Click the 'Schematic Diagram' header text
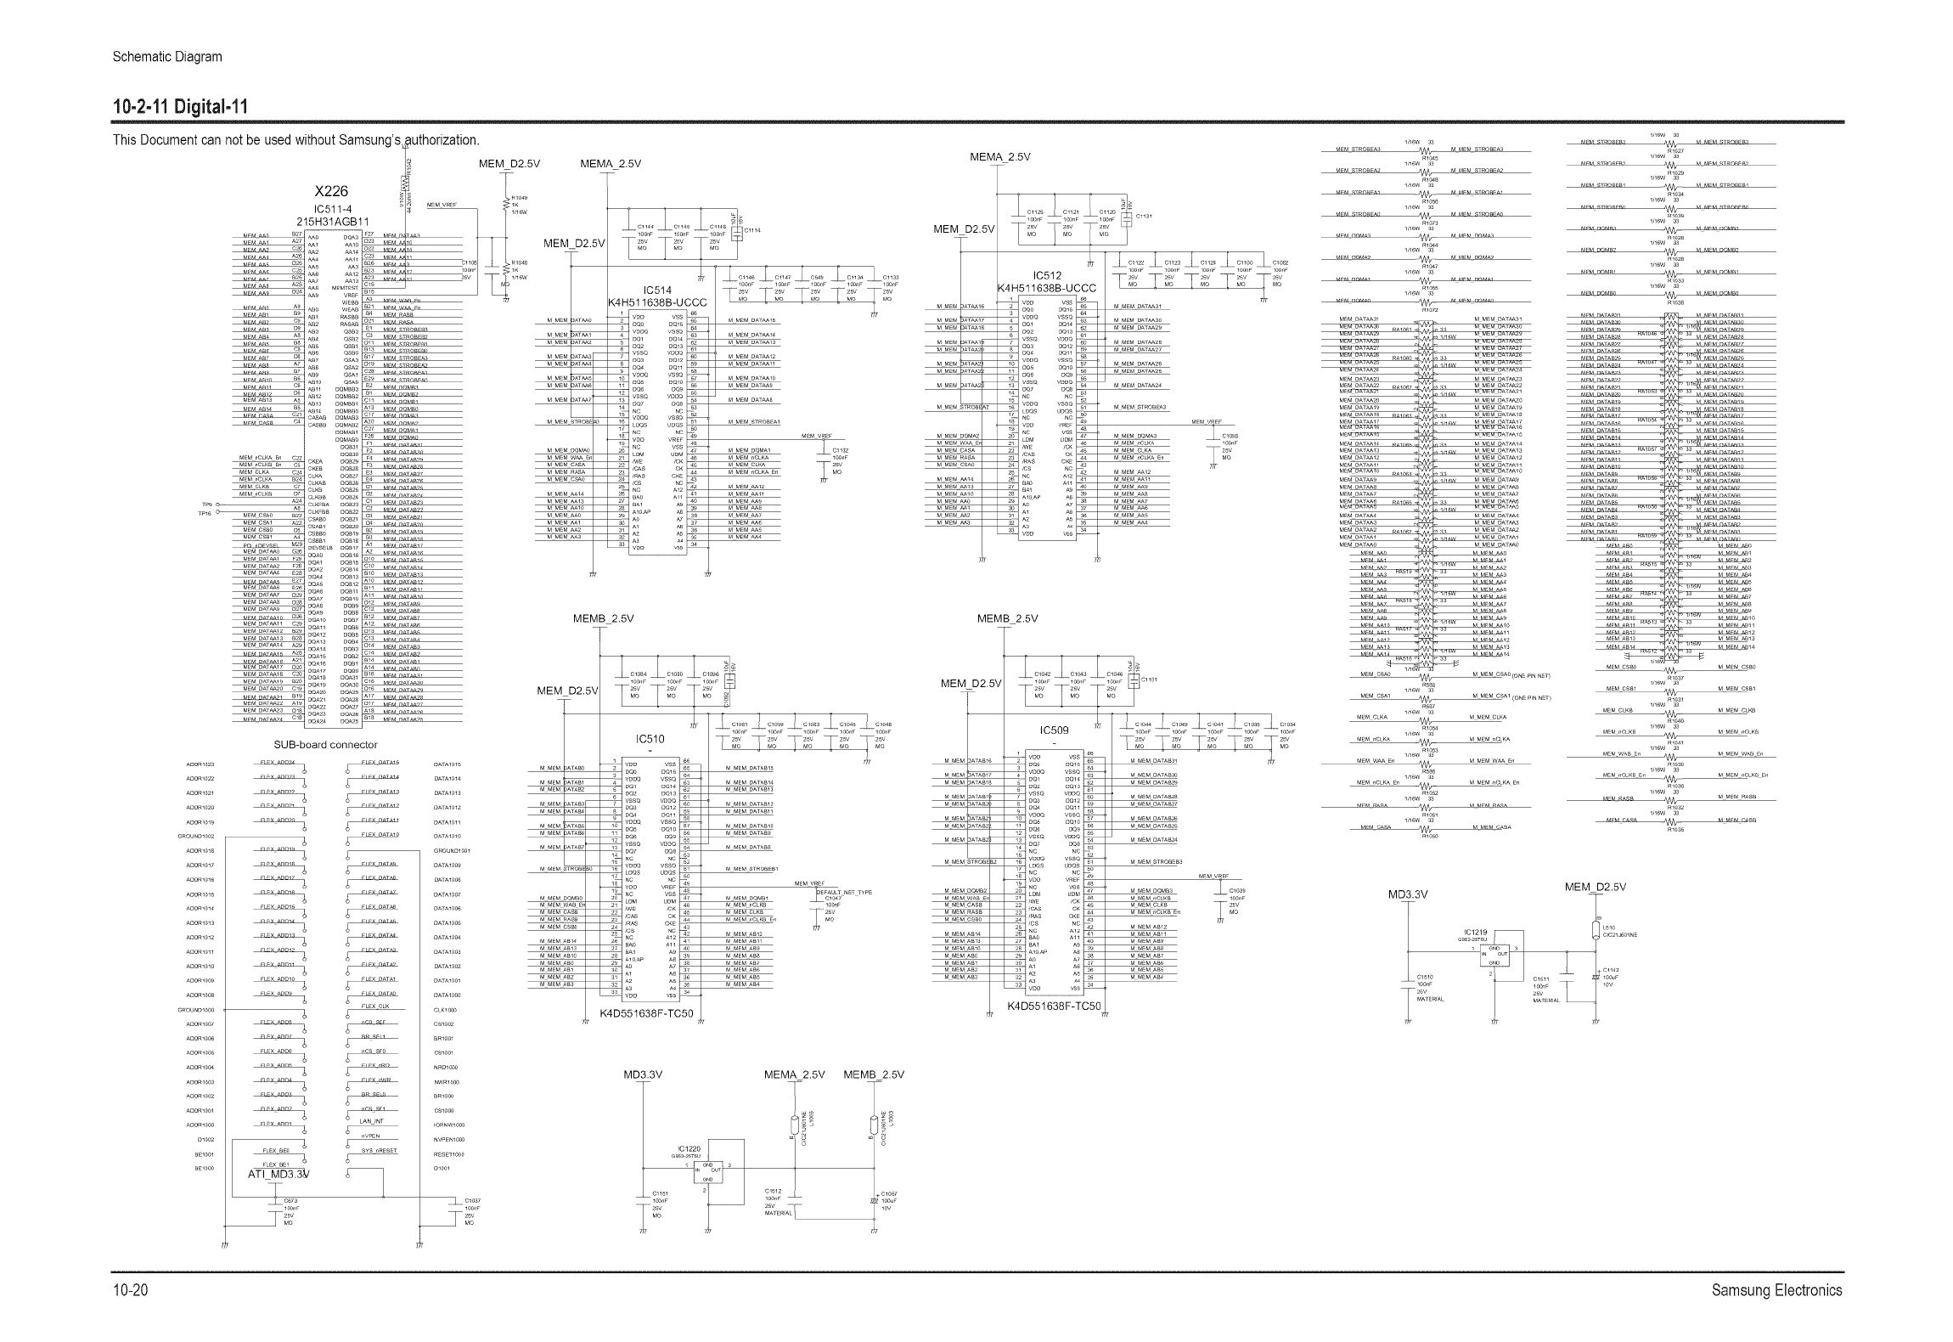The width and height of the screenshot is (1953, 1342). coord(167,57)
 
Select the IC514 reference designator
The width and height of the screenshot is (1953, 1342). coord(657,290)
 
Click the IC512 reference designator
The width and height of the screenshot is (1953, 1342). coord(1047,275)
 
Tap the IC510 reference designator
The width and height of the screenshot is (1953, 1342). coord(650,739)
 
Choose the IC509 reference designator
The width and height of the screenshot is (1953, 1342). coord(1054,730)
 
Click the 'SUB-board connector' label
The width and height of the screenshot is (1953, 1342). coord(325,745)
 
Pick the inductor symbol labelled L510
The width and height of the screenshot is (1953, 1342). coord(1596,932)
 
